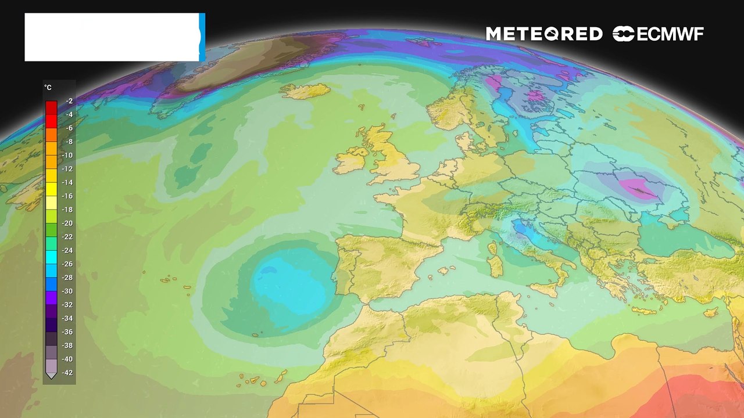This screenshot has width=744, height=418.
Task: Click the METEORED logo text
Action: click(x=544, y=34)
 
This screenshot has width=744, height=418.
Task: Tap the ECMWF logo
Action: click(x=658, y=34)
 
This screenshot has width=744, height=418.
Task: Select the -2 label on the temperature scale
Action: click(x=69, y=101)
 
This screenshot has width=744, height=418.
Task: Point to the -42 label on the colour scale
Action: click(x=67, y=373)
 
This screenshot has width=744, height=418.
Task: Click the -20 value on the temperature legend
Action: click(x=67, y=224)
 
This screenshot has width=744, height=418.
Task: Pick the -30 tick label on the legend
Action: click(x=67, y=291)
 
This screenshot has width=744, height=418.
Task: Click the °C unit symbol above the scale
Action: click(x=48, y=88)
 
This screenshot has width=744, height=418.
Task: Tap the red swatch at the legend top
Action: click(x=51, y=107)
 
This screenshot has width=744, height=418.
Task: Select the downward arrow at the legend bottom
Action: click(x=51, y=376)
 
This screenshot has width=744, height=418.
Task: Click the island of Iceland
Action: click(x=306, y=91)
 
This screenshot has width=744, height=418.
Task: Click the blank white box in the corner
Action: click(x=112, y=37)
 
